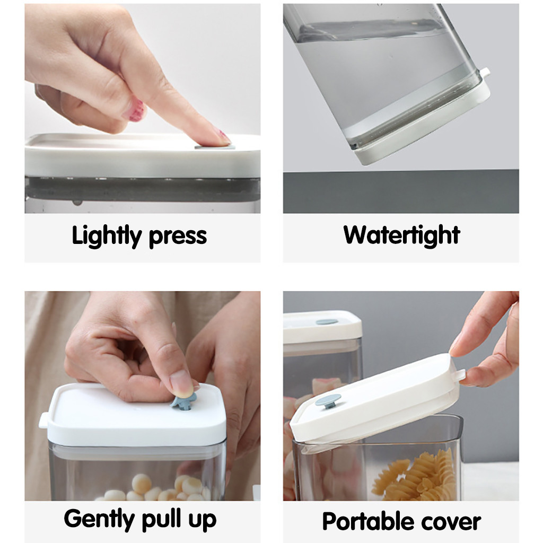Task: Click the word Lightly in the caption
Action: (x=107, y=236)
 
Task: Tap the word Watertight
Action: (x=402, y=235)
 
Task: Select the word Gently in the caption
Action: (x=99, y=520)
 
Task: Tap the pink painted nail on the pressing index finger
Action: (x=224, y=136)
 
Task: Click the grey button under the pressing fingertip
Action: (x=215, y=147)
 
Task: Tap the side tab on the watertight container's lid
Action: (x=485, y=72)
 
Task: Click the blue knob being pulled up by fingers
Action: (x=183, y=402)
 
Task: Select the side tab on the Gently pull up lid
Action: (x=43, y=421)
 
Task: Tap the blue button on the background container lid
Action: (x=327, y=322)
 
